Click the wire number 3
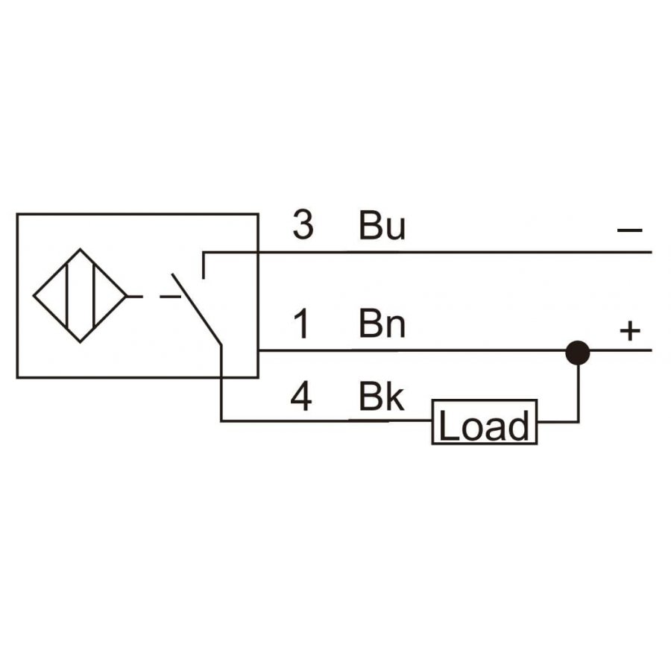(303, 224)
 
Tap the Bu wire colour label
(382, 225)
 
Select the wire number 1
(302, 324)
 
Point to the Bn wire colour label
(382, 324)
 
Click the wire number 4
(301, 397)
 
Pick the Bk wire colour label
(381, 397)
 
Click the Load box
(484, 422)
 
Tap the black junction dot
(578, 353)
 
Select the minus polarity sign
(629, 230)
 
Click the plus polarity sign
(630, 331)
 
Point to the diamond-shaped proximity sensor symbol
(80, 296)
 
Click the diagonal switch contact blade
(197, 309)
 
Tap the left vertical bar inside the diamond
(67, 296)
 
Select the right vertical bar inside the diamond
(93, 296)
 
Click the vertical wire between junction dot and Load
(579, 393)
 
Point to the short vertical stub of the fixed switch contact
(204, 265)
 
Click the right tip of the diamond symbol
(127, 296)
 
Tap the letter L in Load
(448, 424)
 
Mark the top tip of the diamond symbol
(80, 248)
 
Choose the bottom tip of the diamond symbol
(80, 343)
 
